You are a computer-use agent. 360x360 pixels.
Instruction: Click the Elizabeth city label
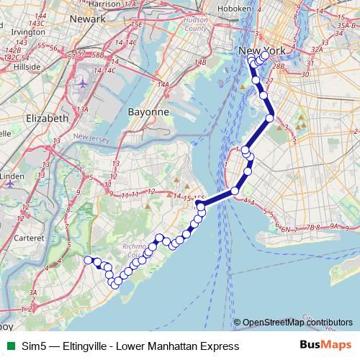pos(47,118)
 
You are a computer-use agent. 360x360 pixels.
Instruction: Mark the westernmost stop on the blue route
pos(88,260)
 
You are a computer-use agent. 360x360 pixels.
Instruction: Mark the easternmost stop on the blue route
pos(270,118)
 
